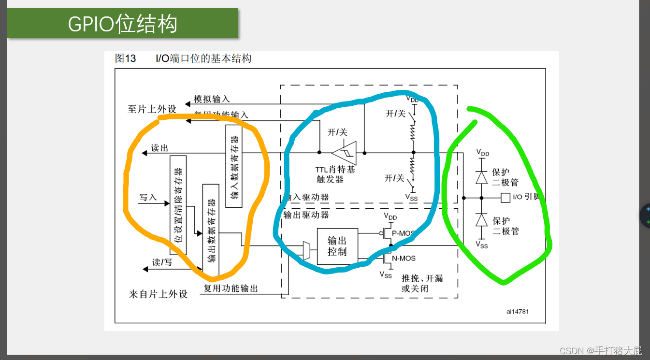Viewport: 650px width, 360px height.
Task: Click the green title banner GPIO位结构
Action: tap(123, 23)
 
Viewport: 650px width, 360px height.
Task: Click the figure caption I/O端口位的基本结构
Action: tap(203, 59)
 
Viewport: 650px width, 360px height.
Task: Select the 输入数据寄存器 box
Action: tap(234, 166)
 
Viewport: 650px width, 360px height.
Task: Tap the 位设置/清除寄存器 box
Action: tap(178, 205)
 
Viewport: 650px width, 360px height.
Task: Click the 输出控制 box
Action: tap(337, 246)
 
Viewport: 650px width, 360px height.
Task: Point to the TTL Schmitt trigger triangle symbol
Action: tap(345, 153)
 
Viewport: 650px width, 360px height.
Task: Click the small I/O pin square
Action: tap(505, 197)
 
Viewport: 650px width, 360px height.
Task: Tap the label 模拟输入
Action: tap(212, 99)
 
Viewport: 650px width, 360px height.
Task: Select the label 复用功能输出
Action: tap(231, 288)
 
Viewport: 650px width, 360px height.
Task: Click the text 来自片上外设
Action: tap(158, 294)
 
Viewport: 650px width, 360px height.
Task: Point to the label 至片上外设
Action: tap(152, 109)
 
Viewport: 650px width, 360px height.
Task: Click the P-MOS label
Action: tap(403, 233)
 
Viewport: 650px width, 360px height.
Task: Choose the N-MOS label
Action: tap(403, 259)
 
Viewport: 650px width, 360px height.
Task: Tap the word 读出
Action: tap(159, 148)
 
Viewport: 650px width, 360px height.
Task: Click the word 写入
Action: tap(148, 197)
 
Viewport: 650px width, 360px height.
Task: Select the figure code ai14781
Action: tap(518, 311)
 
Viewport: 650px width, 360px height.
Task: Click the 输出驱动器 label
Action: tap(306, 215)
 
